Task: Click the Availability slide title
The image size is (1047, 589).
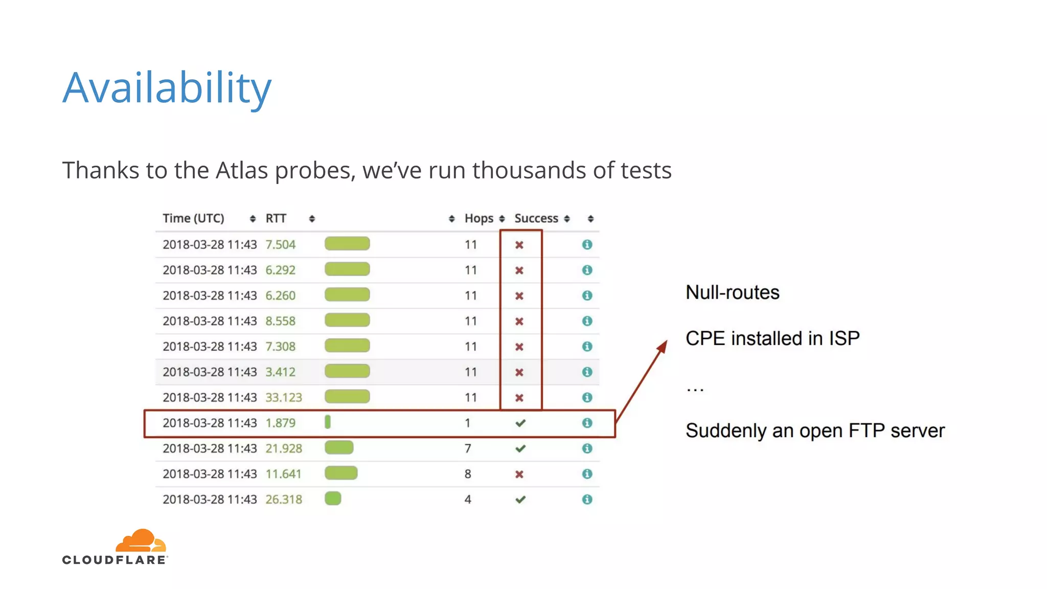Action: [167, 88]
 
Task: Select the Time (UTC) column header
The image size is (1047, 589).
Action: [193, 218]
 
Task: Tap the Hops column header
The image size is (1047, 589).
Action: [479, 218]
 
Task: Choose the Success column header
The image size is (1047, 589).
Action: [536, 218]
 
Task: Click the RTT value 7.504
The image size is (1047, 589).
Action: [280, 244]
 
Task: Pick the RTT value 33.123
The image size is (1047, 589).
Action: [283, 397]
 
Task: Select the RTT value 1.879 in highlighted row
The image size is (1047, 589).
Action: [280, 423]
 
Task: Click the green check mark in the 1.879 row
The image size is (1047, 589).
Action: [520, 423]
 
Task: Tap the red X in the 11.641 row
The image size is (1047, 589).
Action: [519, 474]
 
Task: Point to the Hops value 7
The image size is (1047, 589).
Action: [467, 448]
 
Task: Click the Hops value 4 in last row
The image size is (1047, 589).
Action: [467, 500]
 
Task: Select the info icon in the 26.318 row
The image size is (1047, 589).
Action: [587, 500]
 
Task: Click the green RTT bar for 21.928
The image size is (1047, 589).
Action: [338, 448]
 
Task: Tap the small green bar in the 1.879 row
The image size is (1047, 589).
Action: [328, 422]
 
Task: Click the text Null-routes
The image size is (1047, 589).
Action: [732, 292]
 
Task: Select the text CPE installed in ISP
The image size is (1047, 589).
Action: [772, 338]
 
